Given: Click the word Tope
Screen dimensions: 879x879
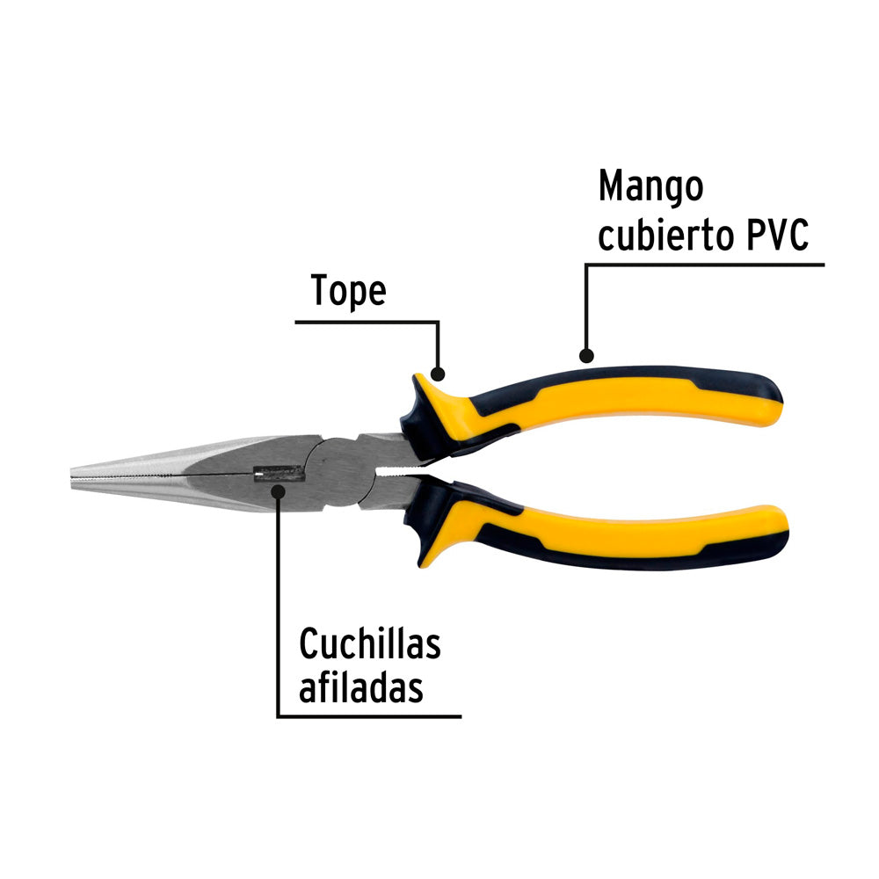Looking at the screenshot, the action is pos(349,290).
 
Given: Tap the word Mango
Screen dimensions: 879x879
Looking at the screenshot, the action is pos(650,186).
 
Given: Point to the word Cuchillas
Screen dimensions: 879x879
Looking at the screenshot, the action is pos(370,643).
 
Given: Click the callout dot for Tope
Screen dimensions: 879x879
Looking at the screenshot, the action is pos(437,374).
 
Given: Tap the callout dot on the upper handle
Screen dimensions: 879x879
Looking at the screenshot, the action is pos(586,355).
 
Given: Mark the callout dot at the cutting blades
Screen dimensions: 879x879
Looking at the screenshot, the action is pos(278,491).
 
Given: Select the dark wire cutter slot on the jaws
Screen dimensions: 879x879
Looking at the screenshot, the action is pos(279,475).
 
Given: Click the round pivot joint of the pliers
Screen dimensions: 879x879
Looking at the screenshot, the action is pos(339,472).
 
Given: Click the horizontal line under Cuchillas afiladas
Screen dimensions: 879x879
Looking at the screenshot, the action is pos(369,716).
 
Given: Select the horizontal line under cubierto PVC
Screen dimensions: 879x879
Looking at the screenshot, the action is pos(705,265).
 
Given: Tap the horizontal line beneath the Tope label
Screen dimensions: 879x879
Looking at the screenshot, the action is pos(367,323).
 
